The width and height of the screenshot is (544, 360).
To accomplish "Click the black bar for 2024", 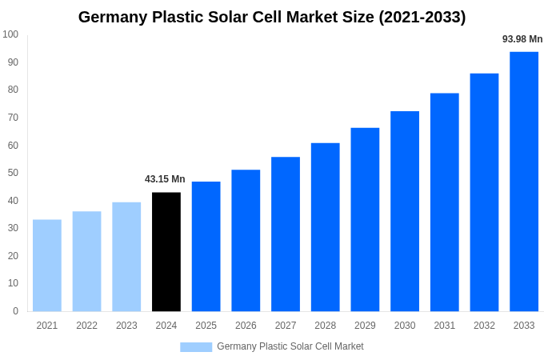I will pos(166,252).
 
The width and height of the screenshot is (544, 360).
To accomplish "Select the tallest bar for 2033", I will pos(524,182).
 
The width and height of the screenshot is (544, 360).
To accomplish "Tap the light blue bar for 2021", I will pos(47,266).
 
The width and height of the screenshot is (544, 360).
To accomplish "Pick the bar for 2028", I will pos(326,227).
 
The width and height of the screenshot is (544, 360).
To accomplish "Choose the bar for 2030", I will pos(405,211).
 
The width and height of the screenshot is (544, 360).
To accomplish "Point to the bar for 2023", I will pos(126,257).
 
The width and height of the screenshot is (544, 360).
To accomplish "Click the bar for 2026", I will pos(246,241).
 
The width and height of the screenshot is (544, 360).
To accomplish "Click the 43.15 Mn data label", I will pos(165,179).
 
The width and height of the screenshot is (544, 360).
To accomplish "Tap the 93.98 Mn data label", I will pos(522,39).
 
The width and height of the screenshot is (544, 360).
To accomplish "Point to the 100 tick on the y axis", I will pos(10,34).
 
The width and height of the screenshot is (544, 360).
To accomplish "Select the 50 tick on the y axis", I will pos(13,173).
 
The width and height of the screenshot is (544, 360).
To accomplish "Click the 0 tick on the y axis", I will pos(15,311).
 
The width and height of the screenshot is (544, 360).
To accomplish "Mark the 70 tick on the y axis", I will pos(13,118).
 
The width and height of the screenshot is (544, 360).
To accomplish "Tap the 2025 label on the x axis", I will pos(206,326).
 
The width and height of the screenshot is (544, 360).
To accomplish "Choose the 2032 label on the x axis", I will pos(484,326).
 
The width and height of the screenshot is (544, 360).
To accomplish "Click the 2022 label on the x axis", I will pos(86,326).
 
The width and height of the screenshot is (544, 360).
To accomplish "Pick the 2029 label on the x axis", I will pos(365,326).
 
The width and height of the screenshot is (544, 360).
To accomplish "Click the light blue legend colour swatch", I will pos(196,347).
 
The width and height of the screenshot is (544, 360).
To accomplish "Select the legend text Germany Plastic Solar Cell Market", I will pos(290,346).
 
